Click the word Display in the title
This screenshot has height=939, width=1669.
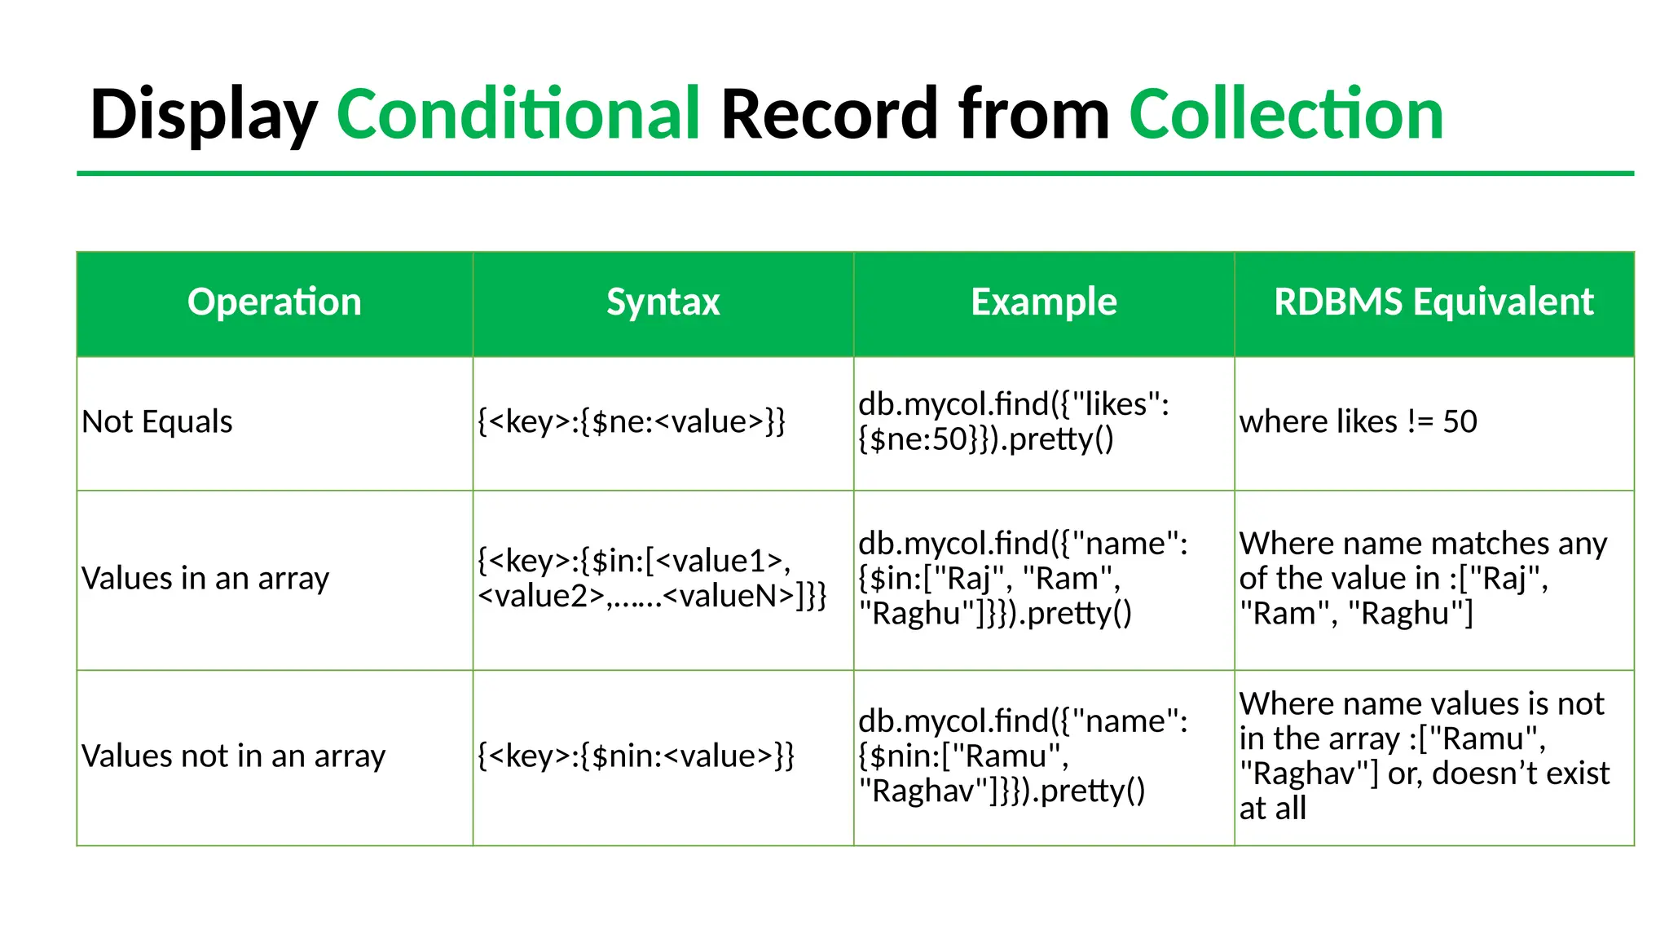click(203, 114)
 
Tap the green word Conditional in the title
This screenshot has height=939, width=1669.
click(518, 114)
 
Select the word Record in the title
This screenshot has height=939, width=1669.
click(829, 114)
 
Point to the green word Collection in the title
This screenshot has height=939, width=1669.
click(1285, 114)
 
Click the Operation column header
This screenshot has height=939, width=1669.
click(274, 302)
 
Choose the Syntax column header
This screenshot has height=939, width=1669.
click(663, 302)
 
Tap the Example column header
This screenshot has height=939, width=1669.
click(1043, 302)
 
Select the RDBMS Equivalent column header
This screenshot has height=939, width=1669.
click(1433, 302)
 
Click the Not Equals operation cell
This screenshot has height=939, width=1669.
click(157, 422)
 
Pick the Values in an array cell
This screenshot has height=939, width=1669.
click(205, 579)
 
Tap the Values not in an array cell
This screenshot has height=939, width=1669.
click(233, 756)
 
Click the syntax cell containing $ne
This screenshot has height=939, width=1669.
click(632, 422)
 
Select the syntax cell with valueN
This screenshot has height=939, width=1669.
click(652, 579)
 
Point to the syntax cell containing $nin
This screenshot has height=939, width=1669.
click(636, 756)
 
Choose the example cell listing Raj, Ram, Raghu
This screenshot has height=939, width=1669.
click(1023, 579)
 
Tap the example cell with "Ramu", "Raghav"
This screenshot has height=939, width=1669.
click(1023, 756)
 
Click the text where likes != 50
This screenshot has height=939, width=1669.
click(1358, 422)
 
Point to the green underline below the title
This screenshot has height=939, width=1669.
click(855, 174)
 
